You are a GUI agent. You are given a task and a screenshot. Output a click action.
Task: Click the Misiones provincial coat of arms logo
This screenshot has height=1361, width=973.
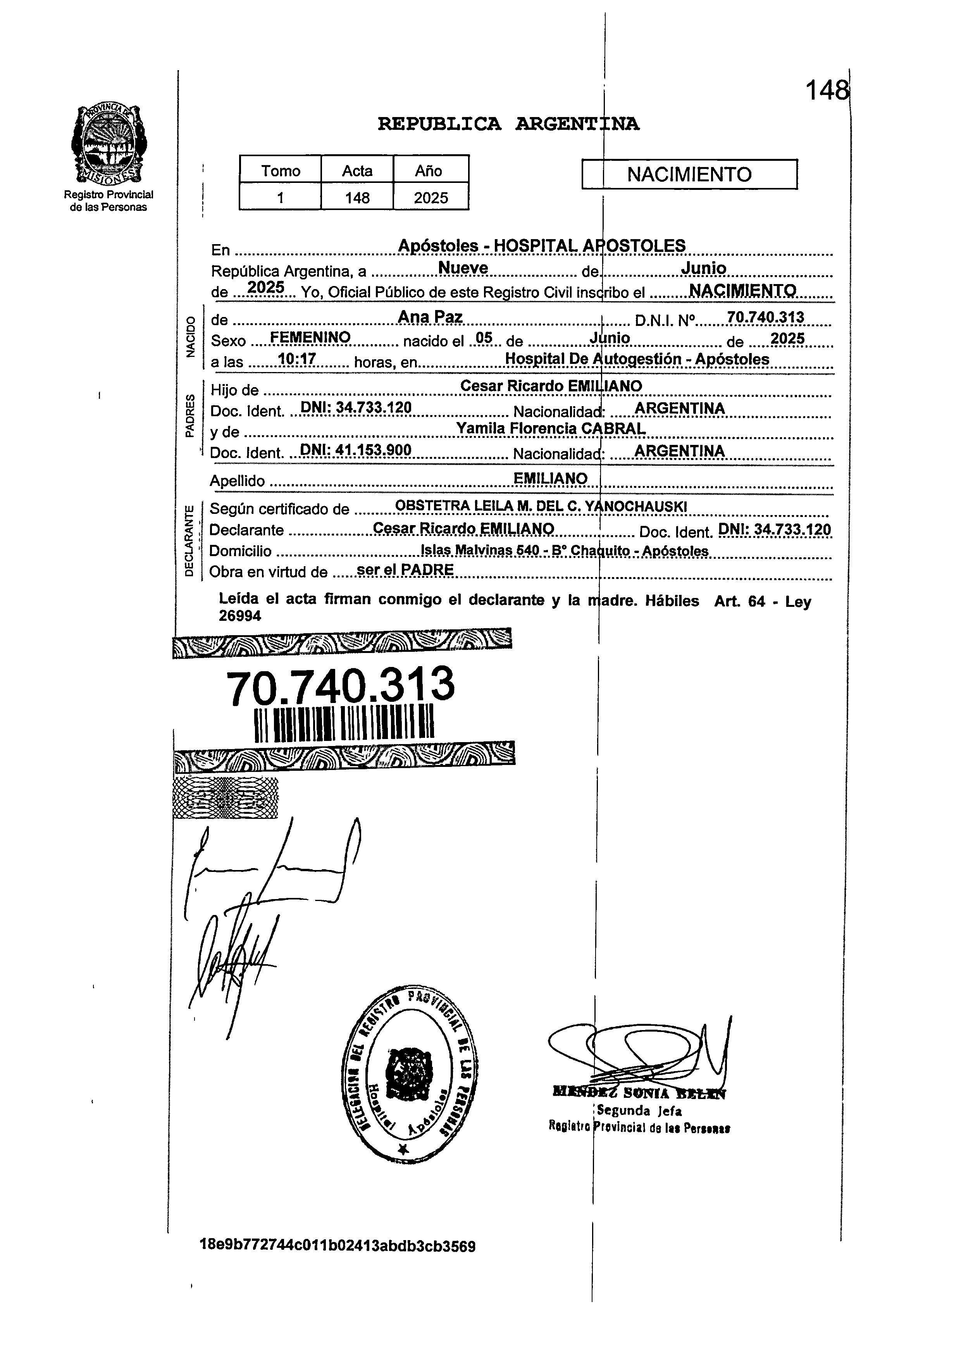tap(108, 145)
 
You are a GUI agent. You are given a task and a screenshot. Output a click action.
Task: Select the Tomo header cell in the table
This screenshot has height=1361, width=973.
tap(281, 171)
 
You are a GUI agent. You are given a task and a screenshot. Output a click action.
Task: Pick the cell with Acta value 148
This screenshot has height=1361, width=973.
tap(357, 198)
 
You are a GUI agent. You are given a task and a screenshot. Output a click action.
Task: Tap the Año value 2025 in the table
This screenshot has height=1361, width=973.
tap(431, 198)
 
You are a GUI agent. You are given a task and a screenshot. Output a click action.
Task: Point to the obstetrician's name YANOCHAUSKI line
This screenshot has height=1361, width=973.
tap(541, 506)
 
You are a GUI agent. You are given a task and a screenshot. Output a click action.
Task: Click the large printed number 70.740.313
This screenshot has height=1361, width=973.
tap(341, 686)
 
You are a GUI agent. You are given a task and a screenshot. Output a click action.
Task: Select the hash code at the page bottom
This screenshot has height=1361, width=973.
tap(338, 1247)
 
